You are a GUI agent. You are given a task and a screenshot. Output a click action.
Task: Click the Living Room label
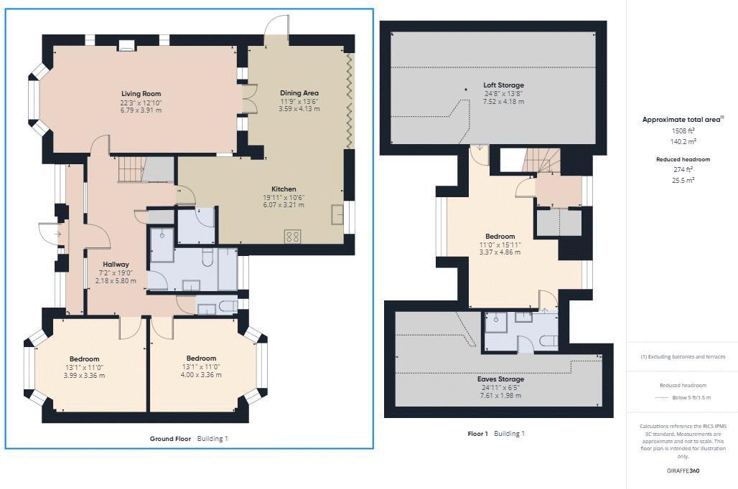(141, 93)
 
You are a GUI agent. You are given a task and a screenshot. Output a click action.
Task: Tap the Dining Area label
(299, 92)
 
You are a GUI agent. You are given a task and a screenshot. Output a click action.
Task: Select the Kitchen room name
(284, 189)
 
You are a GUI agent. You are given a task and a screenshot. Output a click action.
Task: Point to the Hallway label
(116, 264)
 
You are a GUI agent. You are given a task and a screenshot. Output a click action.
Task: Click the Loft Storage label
(503, 85)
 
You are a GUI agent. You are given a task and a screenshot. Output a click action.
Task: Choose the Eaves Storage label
(500, 379)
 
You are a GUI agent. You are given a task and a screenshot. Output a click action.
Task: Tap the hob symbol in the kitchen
(293, 236)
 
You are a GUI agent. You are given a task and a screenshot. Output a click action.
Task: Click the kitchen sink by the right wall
(337, 213)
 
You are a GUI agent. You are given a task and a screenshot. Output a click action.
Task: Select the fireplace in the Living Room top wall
(126, 46)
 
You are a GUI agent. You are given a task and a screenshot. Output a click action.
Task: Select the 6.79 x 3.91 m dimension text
(141, 110)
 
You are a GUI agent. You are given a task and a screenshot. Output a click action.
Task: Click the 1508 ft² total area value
(682, 131)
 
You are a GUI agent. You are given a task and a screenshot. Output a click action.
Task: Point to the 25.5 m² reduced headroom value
(682, 180)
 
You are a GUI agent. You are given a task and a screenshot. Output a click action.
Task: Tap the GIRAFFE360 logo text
(682, 471)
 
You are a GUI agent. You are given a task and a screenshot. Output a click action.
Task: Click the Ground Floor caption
(170, 439)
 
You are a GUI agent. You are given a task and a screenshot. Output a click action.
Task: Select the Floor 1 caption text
(477, 434)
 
